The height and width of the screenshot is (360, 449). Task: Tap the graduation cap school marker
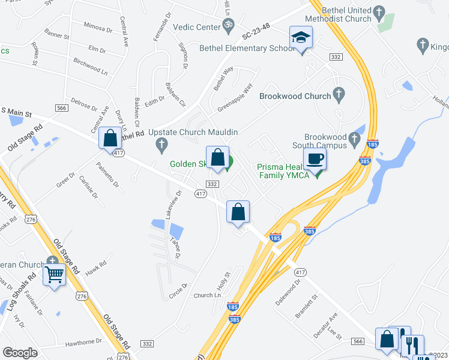click(x=298, y=38)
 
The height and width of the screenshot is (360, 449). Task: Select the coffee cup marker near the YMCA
click(x=315, y=160)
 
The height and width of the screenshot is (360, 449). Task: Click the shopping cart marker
click(x=55, y=275)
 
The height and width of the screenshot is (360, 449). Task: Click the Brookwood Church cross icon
click(x=339, y=95)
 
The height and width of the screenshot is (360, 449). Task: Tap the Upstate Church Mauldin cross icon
click(x=161, y=144)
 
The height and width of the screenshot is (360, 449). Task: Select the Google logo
click(x=20, y=353)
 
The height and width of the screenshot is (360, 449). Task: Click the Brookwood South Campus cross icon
click(x=355, y=140)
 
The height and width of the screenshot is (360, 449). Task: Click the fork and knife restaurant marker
click(x=412, y=345)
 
